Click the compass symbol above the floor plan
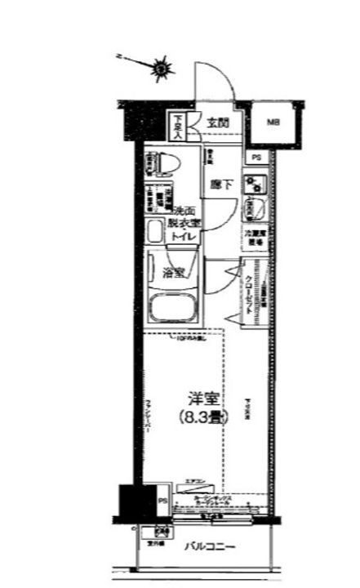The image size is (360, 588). pyautogui.click(x=162, y=69)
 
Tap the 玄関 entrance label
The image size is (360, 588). pyautogui.click(x=217, y=123)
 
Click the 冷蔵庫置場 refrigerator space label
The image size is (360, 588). pyautogui.click(x=256, y=235)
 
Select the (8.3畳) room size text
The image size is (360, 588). pyautogui.click(x=201, y=417)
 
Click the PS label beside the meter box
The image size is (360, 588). pyautogui.click(x=256, y=157)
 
